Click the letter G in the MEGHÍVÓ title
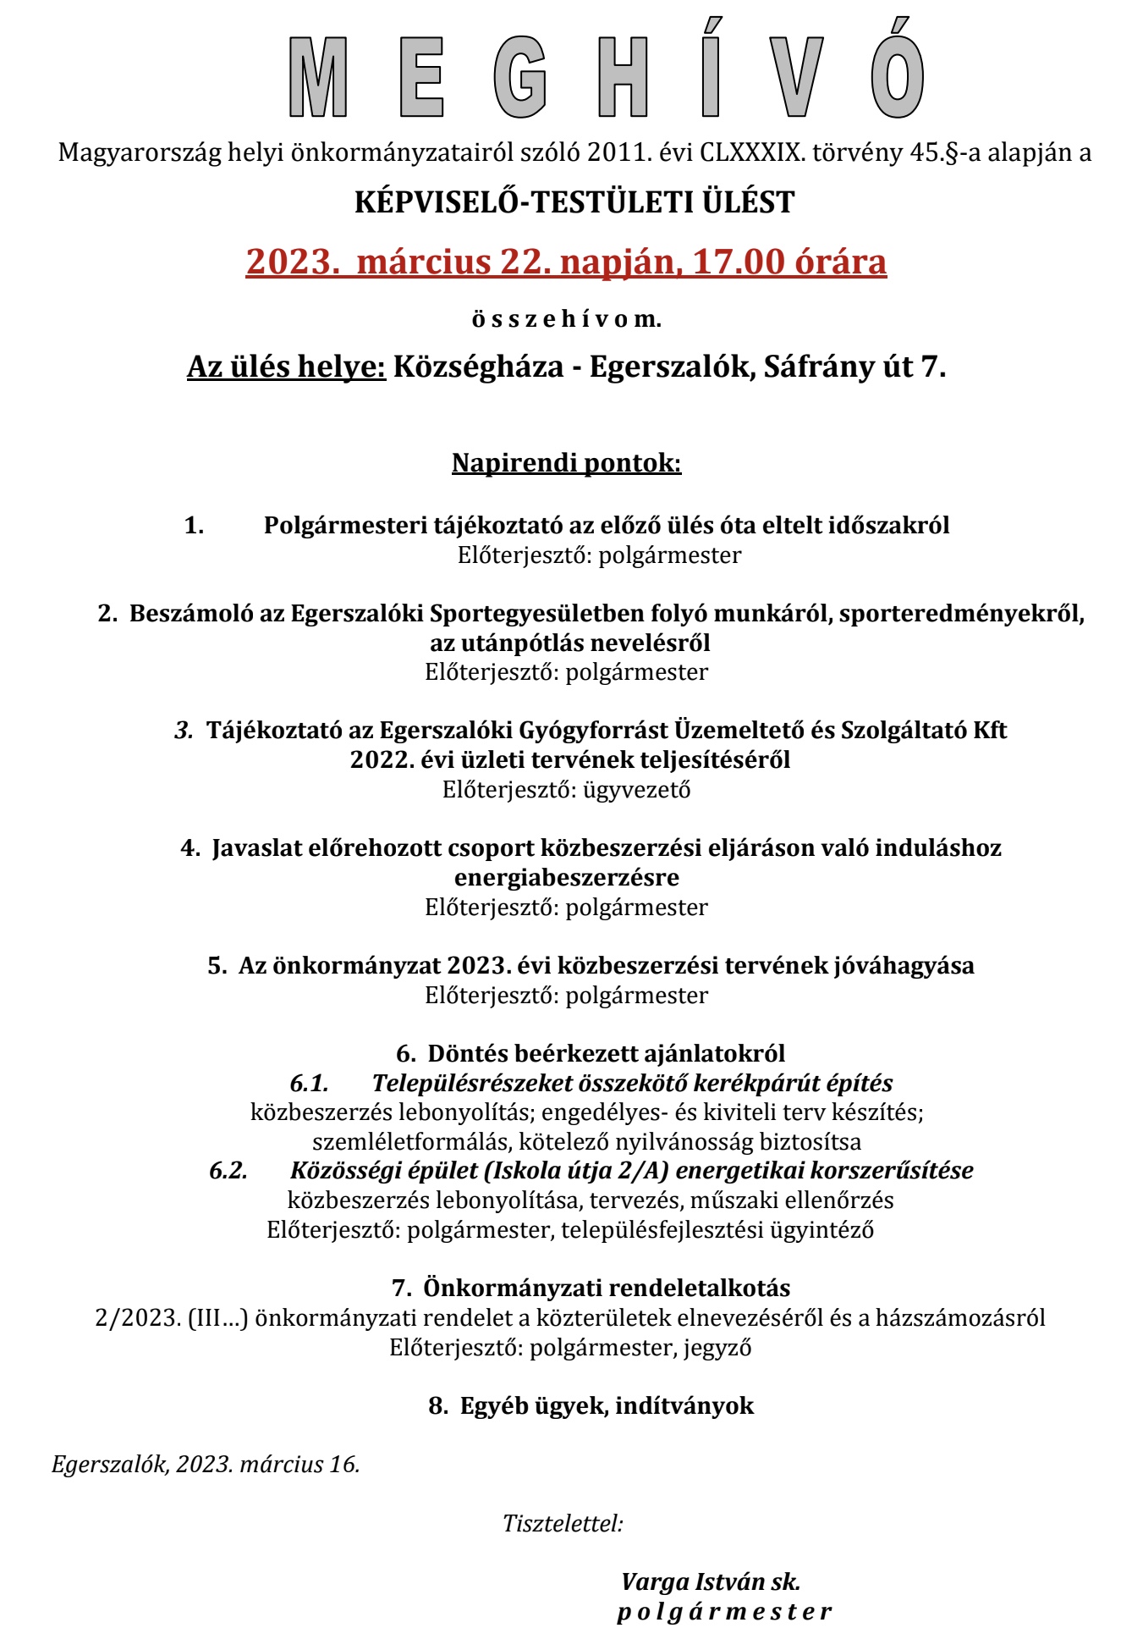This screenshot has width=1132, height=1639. [520, 79]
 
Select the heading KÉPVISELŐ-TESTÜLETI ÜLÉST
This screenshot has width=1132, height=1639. [574, 203]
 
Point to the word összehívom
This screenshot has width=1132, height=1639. [566, 319]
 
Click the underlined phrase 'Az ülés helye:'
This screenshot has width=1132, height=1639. [286, 367]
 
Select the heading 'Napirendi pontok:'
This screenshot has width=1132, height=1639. [566, 463]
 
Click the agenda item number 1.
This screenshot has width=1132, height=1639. [194, 526]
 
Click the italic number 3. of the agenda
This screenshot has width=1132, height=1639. [184, 730]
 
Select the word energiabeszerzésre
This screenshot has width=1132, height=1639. [566, 877]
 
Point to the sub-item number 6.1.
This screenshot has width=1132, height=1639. [308, 1083]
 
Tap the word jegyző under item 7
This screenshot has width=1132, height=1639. [717, 1347]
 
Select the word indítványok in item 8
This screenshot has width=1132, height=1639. [684, 1406]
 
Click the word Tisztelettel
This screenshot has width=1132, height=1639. [562, 1524]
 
